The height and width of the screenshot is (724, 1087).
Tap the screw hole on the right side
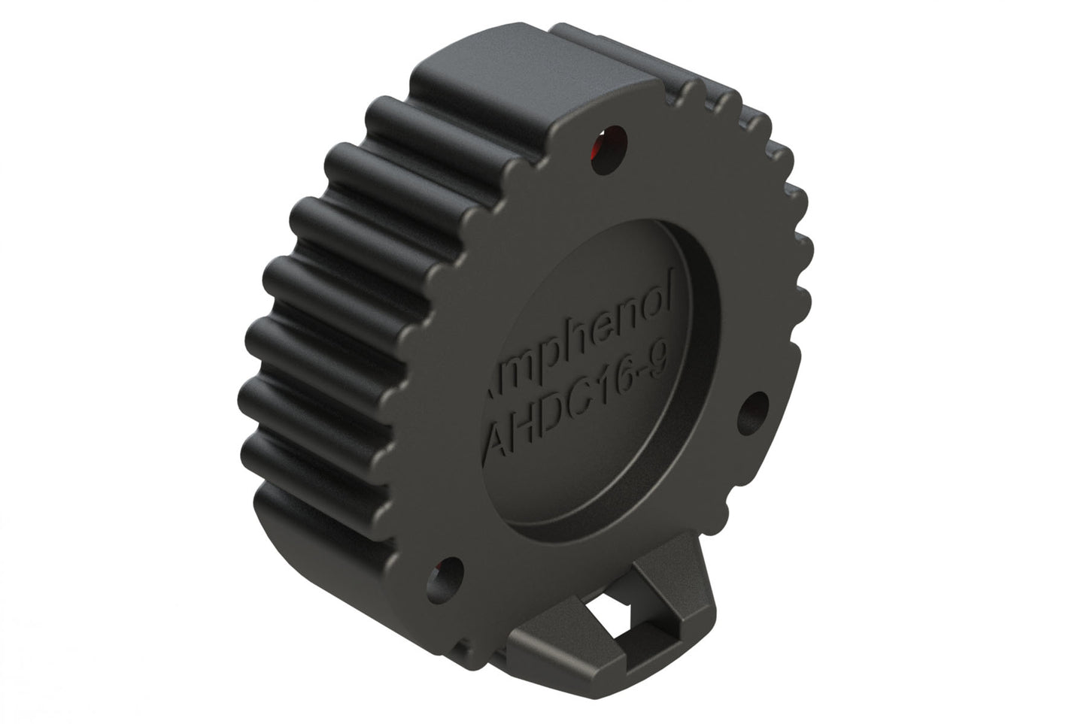[755, 410]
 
